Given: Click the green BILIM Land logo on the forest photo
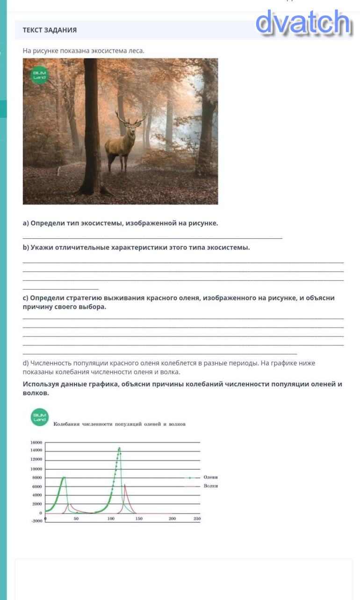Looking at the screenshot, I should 40,76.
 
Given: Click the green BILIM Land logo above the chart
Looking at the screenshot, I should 40,417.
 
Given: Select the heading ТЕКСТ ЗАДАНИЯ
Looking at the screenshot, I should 50,30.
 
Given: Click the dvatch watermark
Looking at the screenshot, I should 303,22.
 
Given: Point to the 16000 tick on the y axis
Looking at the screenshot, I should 36,442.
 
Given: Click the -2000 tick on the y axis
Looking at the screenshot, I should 36,521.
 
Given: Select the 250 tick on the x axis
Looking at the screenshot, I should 197,519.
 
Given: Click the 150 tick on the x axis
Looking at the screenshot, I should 139,519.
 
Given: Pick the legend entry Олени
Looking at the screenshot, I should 210,477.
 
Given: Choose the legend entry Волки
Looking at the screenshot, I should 210,486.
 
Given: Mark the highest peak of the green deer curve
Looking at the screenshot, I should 119,448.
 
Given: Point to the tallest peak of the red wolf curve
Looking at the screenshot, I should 125,485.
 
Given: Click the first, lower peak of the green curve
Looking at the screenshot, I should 64,477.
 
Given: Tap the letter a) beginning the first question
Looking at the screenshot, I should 26,223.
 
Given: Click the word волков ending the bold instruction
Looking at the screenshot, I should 36,393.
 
